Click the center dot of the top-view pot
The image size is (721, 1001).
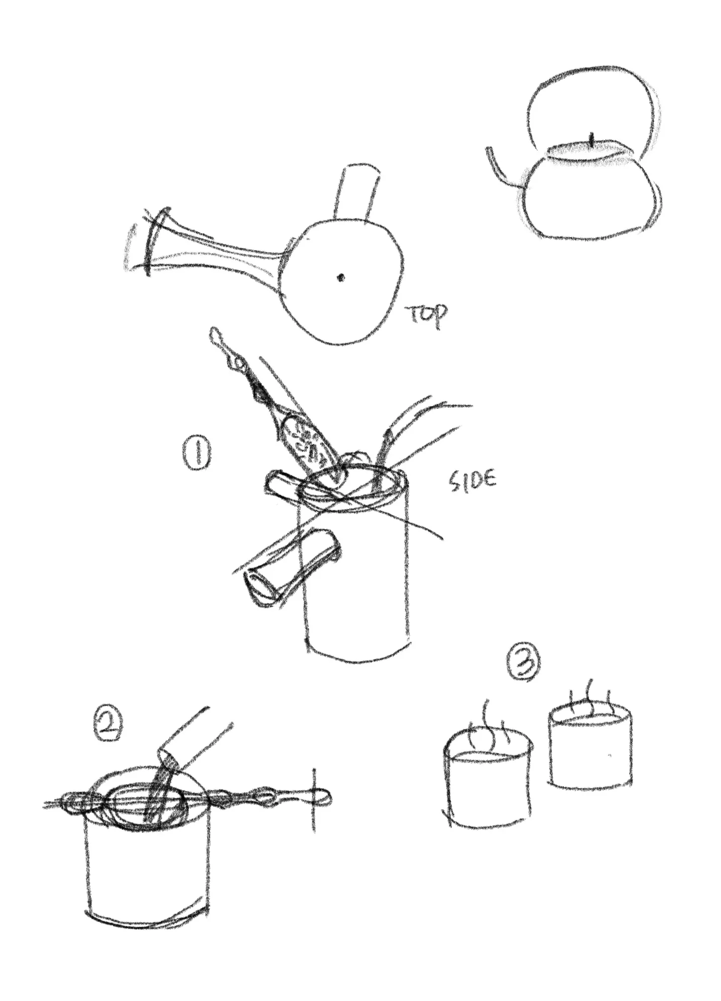[341, 276]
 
